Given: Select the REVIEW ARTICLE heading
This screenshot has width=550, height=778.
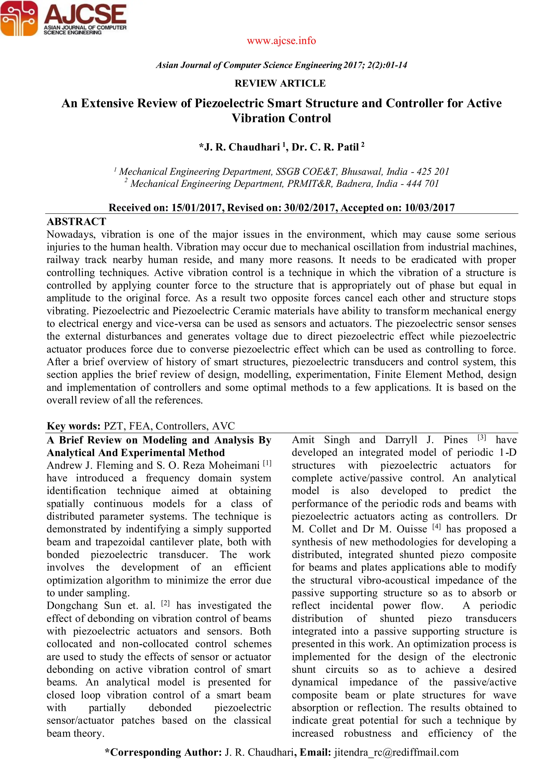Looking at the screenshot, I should click(x=280, y=83).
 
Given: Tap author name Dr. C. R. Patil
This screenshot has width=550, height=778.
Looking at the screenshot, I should click(x=327, y=147).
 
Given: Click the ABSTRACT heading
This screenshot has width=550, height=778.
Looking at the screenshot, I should click(x=77, y=222).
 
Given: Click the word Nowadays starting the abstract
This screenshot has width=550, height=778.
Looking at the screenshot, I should click(x=70, y=235).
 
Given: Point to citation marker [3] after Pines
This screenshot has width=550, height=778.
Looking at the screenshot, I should click(x=482, y=438).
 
